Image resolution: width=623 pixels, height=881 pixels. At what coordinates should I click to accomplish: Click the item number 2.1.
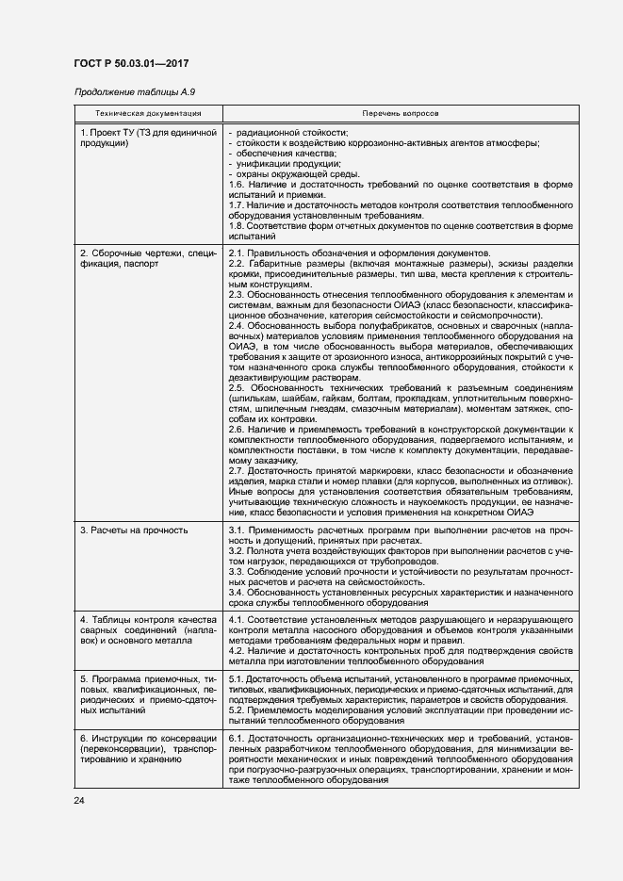(237, 253)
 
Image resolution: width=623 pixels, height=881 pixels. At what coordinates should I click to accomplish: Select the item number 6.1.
(237, 736)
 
